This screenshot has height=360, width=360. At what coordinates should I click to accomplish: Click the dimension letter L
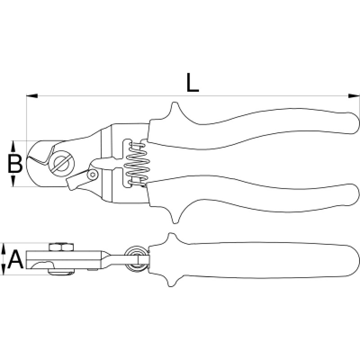(193, 83)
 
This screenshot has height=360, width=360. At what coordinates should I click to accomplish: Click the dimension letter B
(15, 163)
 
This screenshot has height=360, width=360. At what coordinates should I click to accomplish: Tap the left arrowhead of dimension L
(32, 96)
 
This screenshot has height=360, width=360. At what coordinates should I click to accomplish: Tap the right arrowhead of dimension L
(354, 96)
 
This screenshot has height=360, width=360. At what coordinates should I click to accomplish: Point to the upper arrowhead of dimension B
(13, 146)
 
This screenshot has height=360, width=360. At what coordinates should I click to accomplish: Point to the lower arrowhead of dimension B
(13, 181)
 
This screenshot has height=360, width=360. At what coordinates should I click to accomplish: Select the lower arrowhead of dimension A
(4, 270)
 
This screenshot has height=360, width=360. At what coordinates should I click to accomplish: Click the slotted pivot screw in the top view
(62, 163)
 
